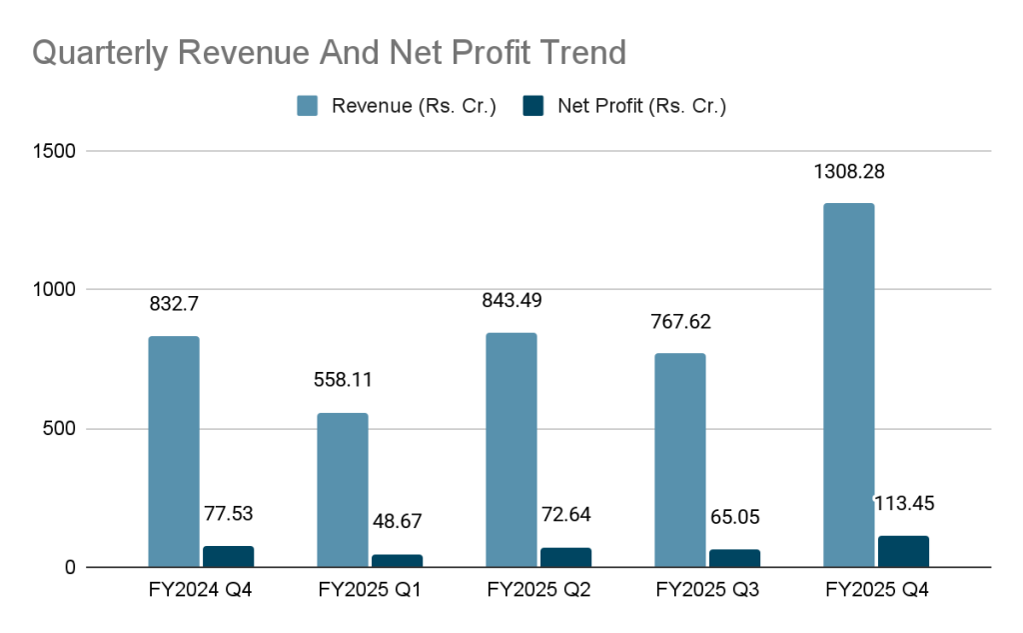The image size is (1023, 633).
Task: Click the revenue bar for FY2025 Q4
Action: pos(848,385)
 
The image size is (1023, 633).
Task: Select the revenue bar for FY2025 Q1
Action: pos(342,490)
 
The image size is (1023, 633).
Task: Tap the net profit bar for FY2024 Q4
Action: pos(229,557)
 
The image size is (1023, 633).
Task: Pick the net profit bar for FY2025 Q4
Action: pos(904,552)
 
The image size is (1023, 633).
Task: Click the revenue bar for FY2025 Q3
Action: pos(679,460)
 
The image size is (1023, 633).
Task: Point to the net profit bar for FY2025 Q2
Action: pos(566,558)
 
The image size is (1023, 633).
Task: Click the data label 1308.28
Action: pos(847,172)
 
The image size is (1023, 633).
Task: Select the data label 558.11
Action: pos(342,381)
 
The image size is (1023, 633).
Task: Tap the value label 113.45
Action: pos(905,504)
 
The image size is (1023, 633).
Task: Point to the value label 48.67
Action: pos(398,522)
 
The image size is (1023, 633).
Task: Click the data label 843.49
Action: pos(511,301)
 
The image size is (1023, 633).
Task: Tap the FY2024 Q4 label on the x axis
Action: pos(200,591)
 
